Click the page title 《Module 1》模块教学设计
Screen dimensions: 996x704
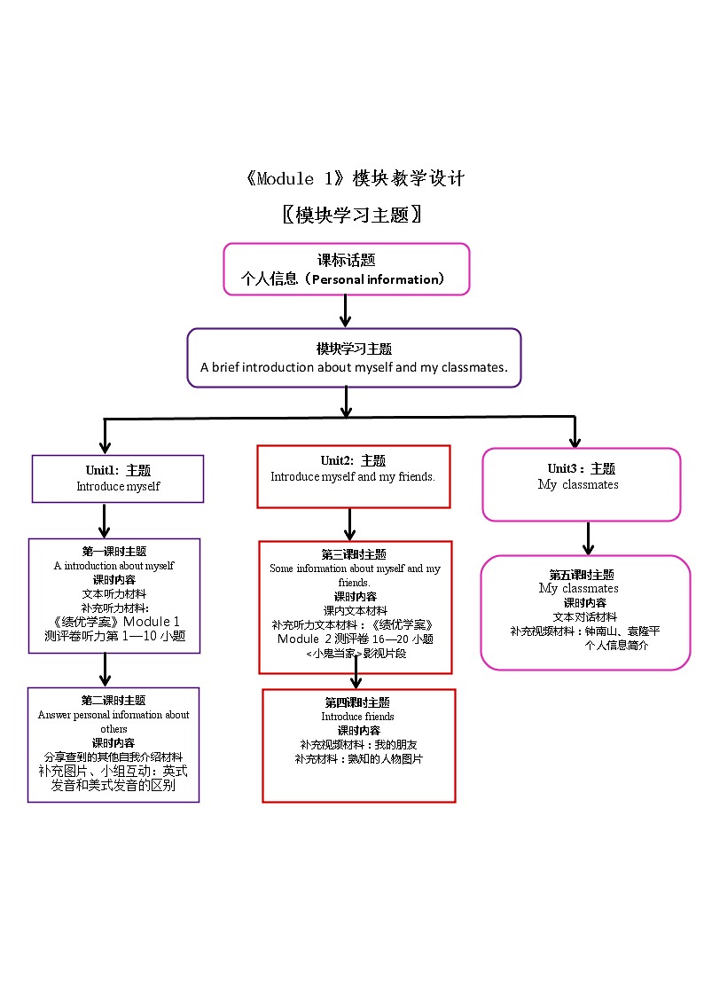(353, 178)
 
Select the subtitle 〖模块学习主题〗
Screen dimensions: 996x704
(351, 215)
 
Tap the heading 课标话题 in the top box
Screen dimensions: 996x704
(347, 261)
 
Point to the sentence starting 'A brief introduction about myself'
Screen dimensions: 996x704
(354, 367)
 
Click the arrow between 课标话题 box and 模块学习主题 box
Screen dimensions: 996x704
(346, 310)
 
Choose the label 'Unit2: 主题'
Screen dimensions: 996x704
(353, 461)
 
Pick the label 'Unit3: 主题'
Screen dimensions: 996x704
(581, 469)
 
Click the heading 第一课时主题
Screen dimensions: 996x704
(113, 552)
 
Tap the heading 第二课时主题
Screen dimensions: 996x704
(113, 701)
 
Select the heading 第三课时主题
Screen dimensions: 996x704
(354, 554)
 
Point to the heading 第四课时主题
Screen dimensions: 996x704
(357, 702)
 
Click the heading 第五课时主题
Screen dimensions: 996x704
(582, 575)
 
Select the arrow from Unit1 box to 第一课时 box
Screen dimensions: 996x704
(106, 521)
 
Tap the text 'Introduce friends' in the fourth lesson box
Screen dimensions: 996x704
(357, 717)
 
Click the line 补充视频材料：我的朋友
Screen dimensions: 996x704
(358, 744)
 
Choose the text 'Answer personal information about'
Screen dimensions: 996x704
(113, 715)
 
